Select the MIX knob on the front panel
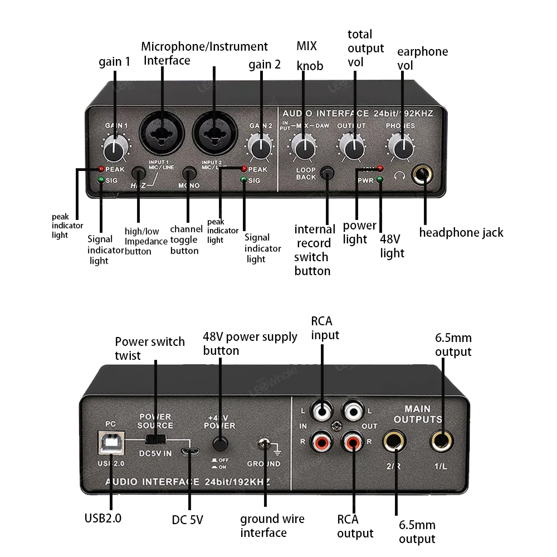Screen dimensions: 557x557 click(x=304, y=148)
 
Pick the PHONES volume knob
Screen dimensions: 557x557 click(x=400, y=148)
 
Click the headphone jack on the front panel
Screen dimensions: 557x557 click(x=423, y=177)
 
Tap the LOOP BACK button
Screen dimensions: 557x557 click(x=329, y=173)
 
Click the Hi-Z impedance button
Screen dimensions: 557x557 click(x=138, y=173)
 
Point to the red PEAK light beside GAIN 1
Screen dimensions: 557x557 click(x=101, y=169)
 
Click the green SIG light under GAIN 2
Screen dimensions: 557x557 click(x=243, y=180)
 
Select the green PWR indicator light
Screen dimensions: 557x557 click(x=380, y=179)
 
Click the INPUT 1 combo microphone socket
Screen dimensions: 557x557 click(x=162, y=133)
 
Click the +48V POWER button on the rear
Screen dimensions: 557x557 click(x=221, y=444)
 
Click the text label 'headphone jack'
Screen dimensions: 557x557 click(x=461, y=233)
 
